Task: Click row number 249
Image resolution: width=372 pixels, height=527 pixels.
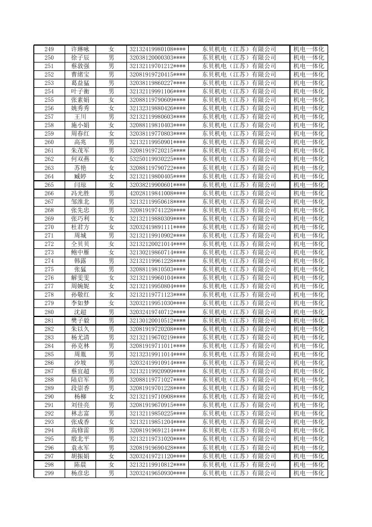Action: pyautogui.click(x=49, y=49)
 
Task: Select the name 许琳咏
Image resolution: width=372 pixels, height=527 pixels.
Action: pyautogui.click(x=80, y=49)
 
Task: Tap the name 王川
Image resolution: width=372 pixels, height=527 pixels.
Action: pyautogui.click(x=80, y=117)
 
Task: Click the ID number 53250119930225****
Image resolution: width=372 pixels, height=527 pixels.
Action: pyautogui.click(x=158, y=159)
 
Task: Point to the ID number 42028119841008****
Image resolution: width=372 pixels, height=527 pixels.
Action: pyautogui.click(x=158, y=193)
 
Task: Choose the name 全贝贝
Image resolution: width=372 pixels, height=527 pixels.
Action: pyautogui.click(x=80, y=244)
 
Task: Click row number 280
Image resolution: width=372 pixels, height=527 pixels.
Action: pyautogui.click(x=49, y=312)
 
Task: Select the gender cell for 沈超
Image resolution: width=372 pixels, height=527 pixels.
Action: pyautogui.click(x=111, y=312)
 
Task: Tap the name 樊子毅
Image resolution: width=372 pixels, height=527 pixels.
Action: pyautogui.click(x=80, y=320)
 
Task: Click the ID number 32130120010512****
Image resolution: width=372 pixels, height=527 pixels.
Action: pyautogui.click(x=158, y=320)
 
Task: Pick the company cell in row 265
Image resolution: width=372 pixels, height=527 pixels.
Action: pyautogui.click(x=239, y=185)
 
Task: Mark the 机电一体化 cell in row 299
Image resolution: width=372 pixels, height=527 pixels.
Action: pyautogui.click(x=309, y=474)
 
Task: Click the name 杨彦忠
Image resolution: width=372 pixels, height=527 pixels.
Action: pyautogui.click(x=80, y=474)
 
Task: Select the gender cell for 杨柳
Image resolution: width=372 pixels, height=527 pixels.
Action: pyautogui.click(x=111, y=397)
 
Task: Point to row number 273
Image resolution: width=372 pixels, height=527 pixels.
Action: pyautogui.click(x=49, y=253)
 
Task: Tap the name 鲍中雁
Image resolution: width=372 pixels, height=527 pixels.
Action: pyautogui.click(x=80, y=253)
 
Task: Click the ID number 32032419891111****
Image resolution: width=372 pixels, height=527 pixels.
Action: pyautogui.click(x=158, y=227)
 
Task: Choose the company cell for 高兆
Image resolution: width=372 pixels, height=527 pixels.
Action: pyautogui.click(x=239, y=142)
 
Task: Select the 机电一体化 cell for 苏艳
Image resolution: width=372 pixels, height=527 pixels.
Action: pyautogui.click(x=309, y=168)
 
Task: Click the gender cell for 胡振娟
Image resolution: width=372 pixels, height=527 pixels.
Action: pyautogui.click(x=111, y=456)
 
